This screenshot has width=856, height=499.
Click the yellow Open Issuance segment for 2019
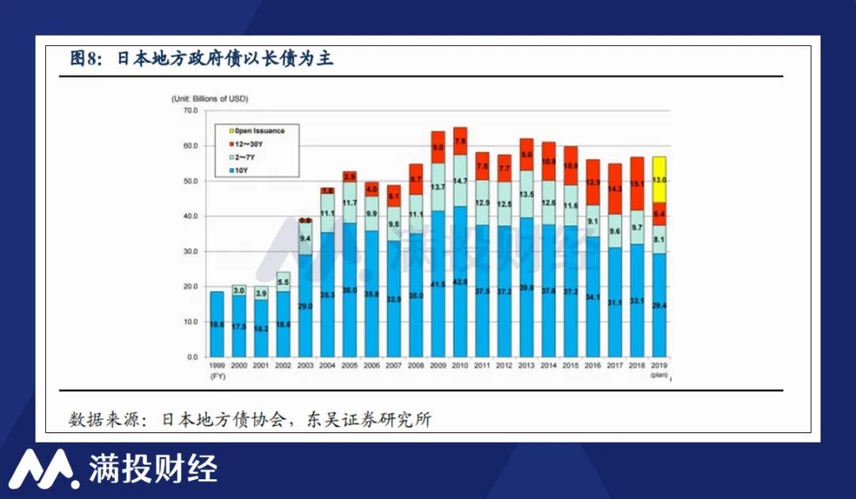(659, 179)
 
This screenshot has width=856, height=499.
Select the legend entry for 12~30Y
(247, 144)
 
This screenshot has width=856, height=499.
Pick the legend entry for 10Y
(241, 171)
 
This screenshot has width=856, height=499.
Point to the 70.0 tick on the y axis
(189, 110)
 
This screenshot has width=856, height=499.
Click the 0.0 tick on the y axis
(191, 357)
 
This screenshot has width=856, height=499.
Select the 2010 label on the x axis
(460, 366)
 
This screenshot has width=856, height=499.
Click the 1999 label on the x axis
(217, 366)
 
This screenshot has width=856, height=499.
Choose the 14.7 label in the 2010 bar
(460, 181)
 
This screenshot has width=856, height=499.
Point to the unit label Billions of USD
(210, 98)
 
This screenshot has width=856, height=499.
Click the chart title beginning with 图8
(201, 59)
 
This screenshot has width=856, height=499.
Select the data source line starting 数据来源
(250, 420)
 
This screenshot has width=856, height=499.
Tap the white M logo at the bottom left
(44, 469)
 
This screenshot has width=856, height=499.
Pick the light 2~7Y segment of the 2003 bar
(305, 237)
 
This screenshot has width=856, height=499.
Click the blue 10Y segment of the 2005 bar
(350, 290)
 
